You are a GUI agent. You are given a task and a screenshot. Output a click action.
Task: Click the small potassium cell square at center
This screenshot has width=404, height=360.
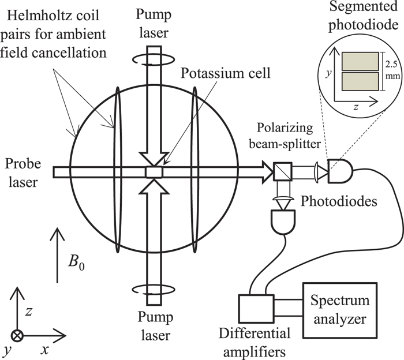coord(154,172)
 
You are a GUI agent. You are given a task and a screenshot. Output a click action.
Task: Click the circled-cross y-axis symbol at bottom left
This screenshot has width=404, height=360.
coord(18,335)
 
